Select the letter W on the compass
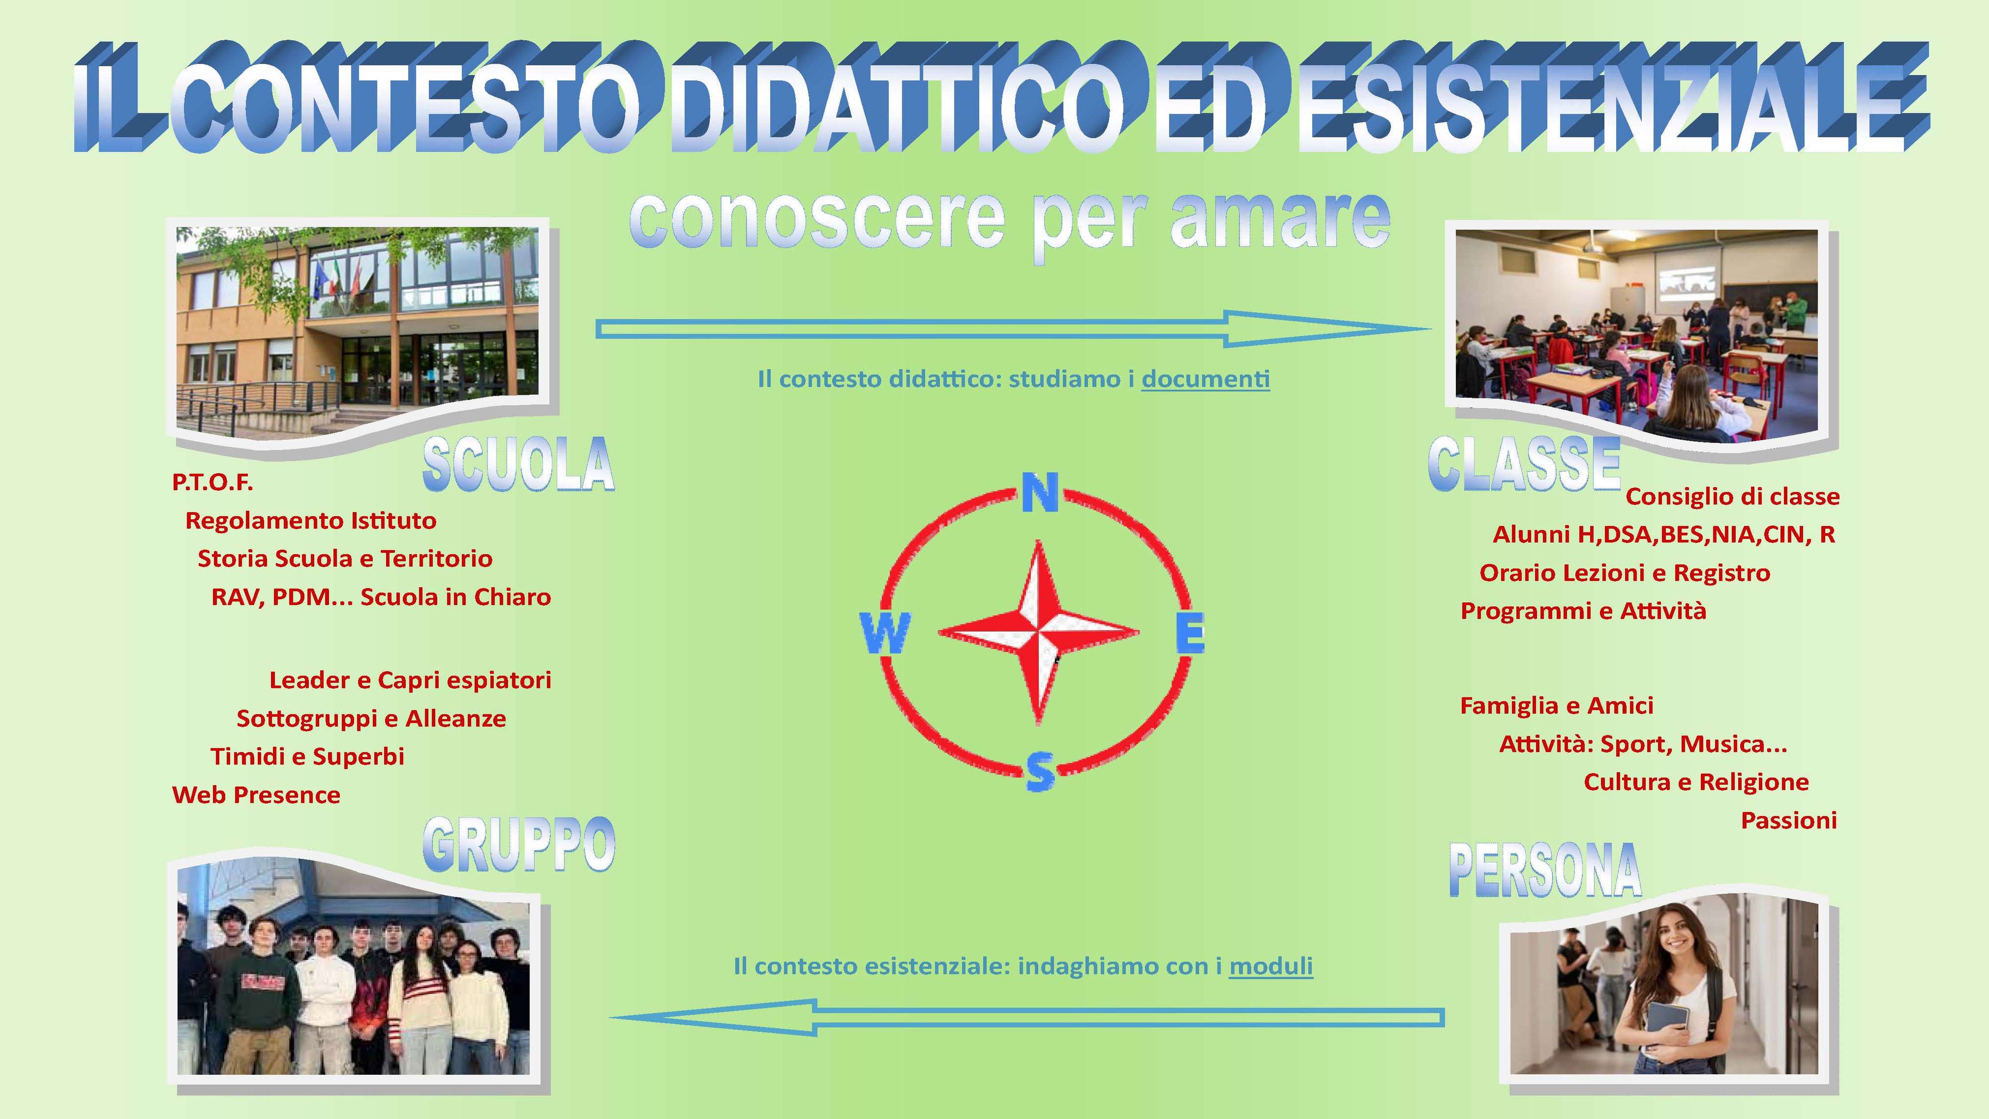click(x=885, y=633)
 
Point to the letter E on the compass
click(x=1190, y=633)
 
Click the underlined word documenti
click(x=1205, y=379)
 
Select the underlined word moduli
click(x=1271, y=966)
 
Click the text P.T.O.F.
click(x=212, y=483)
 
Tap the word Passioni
click(x=1788, y=820)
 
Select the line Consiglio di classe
click(x=1733, y=496)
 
